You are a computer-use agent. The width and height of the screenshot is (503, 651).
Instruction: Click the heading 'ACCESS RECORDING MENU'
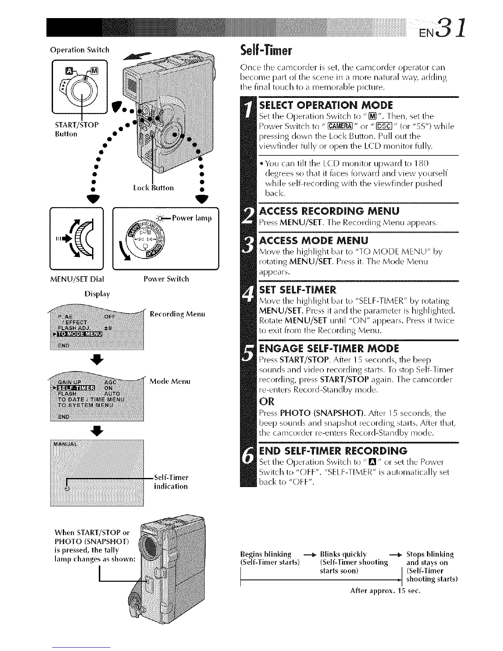pos(329,211)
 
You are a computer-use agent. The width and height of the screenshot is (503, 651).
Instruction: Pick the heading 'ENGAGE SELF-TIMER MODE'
pos(330,349)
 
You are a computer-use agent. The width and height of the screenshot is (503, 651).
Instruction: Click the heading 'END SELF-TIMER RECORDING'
pos(333,450)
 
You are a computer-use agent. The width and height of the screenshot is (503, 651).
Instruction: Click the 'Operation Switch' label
pos(80,50)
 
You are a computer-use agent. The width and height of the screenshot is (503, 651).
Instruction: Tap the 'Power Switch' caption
pos(166,279)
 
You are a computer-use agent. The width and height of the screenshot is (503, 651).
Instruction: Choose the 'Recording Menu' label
pos(177,314)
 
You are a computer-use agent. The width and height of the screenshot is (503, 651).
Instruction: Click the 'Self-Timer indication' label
pos(171,482)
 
